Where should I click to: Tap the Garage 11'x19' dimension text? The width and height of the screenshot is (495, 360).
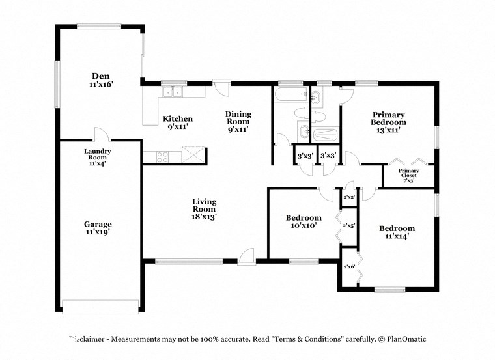coord(98,232)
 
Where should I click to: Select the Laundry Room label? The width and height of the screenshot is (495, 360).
coord(98,154)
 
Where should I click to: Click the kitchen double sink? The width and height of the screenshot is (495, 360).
coord(173,92)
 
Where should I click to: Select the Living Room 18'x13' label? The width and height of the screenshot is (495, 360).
coord(204,209)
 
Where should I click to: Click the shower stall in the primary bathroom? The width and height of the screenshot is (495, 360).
coord(324,135)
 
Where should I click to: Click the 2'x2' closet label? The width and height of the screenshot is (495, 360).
coord(349,197)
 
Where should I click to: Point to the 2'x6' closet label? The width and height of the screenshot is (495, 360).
coord(349,266)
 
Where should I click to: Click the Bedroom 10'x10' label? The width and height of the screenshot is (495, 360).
coord(304,221)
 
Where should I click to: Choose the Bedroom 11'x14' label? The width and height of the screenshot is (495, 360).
coord(397,232)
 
